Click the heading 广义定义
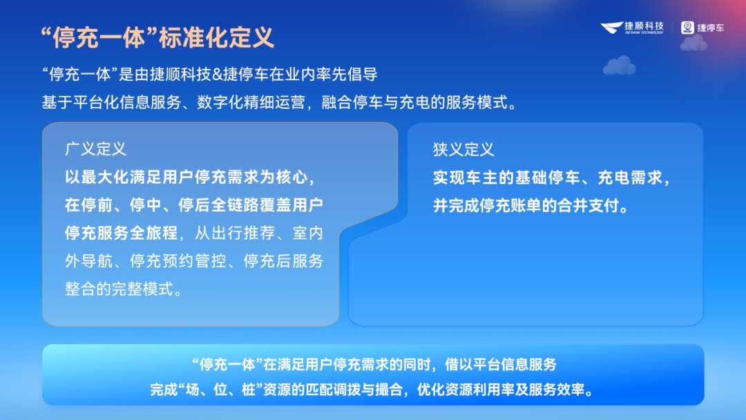pos(95,149)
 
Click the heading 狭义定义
pos(463,149)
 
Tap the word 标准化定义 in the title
pos(216,38)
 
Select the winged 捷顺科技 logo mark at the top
pos(611,28)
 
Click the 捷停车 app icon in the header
pos(687,28)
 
